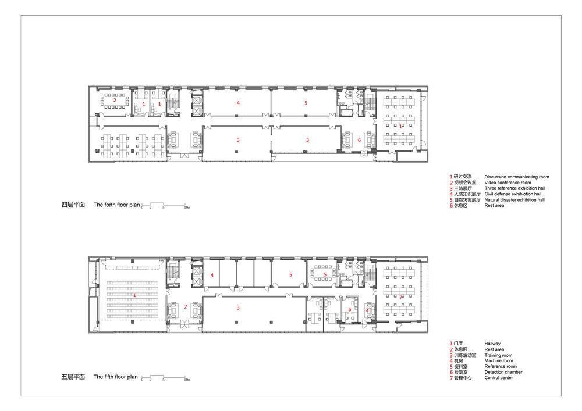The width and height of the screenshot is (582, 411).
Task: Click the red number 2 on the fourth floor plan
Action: coord(115,101)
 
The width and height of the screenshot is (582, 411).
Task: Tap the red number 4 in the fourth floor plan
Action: coord(238,103)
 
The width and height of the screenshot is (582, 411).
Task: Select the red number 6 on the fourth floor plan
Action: coord(359,140)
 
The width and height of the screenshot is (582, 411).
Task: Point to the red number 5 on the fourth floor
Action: coord(306,103)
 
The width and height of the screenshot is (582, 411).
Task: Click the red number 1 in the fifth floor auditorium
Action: coord(135,295)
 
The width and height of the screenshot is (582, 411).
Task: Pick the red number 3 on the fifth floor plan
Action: coord(238,308)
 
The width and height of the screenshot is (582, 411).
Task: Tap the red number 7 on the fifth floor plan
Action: coord(401,297)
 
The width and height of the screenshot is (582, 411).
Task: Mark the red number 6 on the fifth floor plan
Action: coord(350,309)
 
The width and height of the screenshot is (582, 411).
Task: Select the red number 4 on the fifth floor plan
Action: coord(212,275)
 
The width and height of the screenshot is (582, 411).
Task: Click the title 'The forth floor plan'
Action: coord(116,205)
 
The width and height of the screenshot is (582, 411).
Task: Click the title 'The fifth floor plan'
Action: coord(115,377)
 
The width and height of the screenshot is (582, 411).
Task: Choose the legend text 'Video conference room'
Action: coord(508,183)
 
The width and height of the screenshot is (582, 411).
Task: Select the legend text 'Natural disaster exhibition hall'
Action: coord(514,200)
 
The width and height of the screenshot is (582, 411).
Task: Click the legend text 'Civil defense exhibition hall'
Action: coord(513,194)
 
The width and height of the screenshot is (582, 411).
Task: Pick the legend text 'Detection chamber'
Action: coord(503,372)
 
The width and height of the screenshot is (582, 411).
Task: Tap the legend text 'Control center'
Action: coord(499,378)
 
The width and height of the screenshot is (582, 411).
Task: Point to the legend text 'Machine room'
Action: coord(499,360)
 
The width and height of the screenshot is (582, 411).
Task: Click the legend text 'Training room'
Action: coord(498,355)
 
